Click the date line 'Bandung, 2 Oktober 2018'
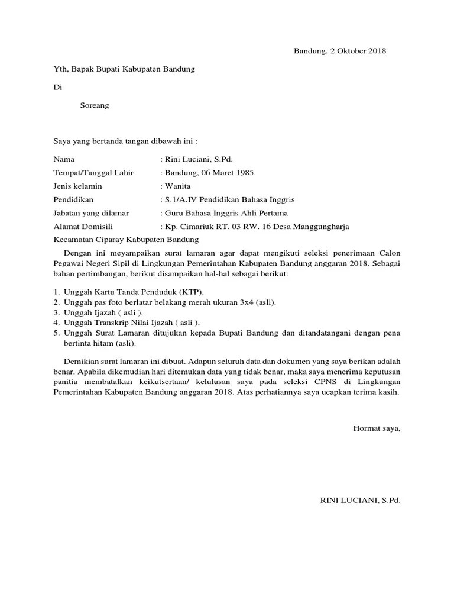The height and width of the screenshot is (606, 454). [x=340, y=51]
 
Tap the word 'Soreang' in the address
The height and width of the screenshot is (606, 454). [x=94, y=106]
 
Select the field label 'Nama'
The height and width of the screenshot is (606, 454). [x=64, y=159]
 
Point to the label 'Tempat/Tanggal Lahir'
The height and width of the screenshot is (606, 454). [x=93, y=173]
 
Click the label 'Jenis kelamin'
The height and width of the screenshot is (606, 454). [x=77, y=186]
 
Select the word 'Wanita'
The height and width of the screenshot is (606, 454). [x=177, y=186]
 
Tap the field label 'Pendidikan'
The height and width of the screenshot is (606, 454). [x=73, y=199]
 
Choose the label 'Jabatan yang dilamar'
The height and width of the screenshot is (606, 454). [x=91, y=213]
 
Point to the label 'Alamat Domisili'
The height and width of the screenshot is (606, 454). [x=83, y=226]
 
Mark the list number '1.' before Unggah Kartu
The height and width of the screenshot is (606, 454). [x=56, y=292]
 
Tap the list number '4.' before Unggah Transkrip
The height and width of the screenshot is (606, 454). [x=56, y=323]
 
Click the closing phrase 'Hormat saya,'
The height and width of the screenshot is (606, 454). [x=377, y=428]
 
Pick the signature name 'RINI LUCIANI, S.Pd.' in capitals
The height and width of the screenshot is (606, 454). [x=360, y=501]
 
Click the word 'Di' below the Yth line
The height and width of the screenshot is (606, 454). [x=57, y=88]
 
